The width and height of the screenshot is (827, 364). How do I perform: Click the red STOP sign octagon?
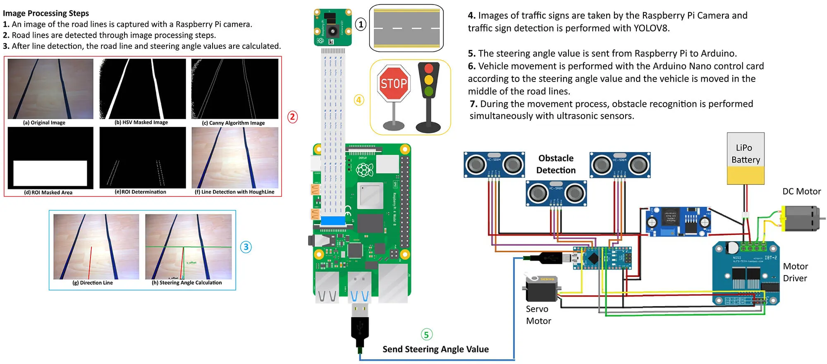tap(394, 84)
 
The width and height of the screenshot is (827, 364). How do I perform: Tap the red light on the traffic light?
tap(428, 68)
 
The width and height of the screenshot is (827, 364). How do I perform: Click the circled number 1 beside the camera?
tap(361, 24)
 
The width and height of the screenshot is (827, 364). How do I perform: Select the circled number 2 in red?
tap(292, 117)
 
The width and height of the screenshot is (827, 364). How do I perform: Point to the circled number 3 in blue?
tap(246, 247)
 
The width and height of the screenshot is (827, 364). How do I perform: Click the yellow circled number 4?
tap(359, 100)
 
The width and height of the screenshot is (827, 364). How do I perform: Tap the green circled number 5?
tap(426, 334)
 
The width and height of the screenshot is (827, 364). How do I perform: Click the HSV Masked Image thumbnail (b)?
tap(143, 89)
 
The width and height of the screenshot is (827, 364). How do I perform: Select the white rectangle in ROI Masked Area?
tap(50, 173)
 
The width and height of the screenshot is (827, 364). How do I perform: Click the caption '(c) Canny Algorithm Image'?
tap(233, 123)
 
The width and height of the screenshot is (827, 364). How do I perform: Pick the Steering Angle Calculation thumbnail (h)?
tap(188, 247)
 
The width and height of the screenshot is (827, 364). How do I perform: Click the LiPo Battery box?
tap(746, 158)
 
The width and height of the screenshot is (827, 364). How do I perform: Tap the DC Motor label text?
tap(801, 192)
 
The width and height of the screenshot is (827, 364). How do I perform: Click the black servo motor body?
tap(540, 290)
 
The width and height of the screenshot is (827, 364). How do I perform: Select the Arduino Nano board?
tap(602, 258)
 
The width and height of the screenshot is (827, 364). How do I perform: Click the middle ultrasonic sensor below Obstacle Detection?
tap(556, 193)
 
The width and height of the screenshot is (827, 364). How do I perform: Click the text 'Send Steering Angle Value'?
tap(435, 349)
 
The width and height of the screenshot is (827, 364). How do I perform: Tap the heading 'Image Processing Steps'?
tap(46, 13)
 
